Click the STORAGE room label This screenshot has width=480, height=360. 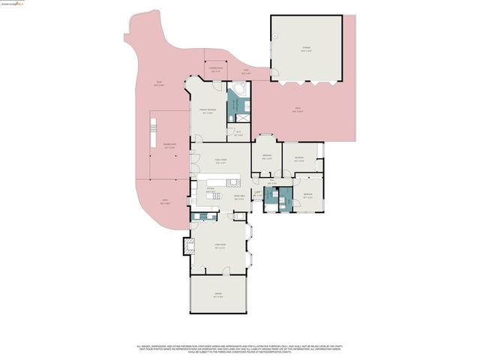tap(306, 49)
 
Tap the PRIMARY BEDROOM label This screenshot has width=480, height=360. tap(208, 112)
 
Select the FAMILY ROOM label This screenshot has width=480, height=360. tap(221, 160)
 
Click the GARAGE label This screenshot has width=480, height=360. tap(218, 295)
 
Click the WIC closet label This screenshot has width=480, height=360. tap(238, 133)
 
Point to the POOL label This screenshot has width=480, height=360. tap(298, 112)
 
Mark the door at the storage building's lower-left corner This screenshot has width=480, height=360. tap(275, 76)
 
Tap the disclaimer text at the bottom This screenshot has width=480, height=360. tap(240, 349)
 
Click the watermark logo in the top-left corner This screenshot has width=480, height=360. tap(12, 4)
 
